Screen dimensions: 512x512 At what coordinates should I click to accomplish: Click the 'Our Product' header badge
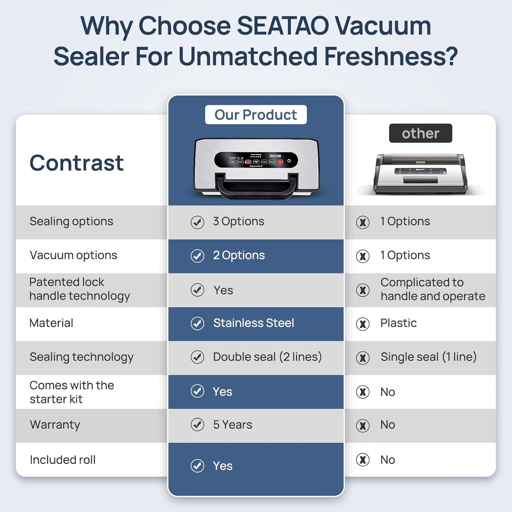[x=256, y=115]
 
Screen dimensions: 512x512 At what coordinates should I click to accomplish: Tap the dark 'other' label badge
[x=420, y=133]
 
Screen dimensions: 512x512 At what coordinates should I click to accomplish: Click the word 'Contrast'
[x=76, y=163]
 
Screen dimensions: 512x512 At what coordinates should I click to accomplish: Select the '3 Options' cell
[x=238, y=221]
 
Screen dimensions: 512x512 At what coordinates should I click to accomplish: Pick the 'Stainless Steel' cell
[x=253, y=323]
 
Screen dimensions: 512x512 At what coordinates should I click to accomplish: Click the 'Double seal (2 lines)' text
[x=267, y=357]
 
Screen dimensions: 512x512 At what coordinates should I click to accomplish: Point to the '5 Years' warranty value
[x=232, y=425]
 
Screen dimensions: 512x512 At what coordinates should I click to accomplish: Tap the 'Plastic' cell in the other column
[x=398, y=323]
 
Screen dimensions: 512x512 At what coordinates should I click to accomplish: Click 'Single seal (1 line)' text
[x=428, y=357]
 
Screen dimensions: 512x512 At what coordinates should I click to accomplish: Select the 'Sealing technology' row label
[x=82, y=357]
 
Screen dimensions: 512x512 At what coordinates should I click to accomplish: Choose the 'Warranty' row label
[x=55, y=425]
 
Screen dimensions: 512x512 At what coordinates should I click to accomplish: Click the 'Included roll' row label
[x=62, y=460]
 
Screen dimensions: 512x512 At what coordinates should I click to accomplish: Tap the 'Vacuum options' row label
[x=73, y=255]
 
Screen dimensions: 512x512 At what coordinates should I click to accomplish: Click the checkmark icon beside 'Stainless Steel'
[x=197, y=323]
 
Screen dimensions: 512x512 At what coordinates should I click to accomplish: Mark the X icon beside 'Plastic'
[x=362, y=324]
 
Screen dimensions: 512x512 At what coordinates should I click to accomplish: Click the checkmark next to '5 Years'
[x=197, y=425]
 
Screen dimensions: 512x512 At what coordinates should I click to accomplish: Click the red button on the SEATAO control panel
[x=280, y=162]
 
